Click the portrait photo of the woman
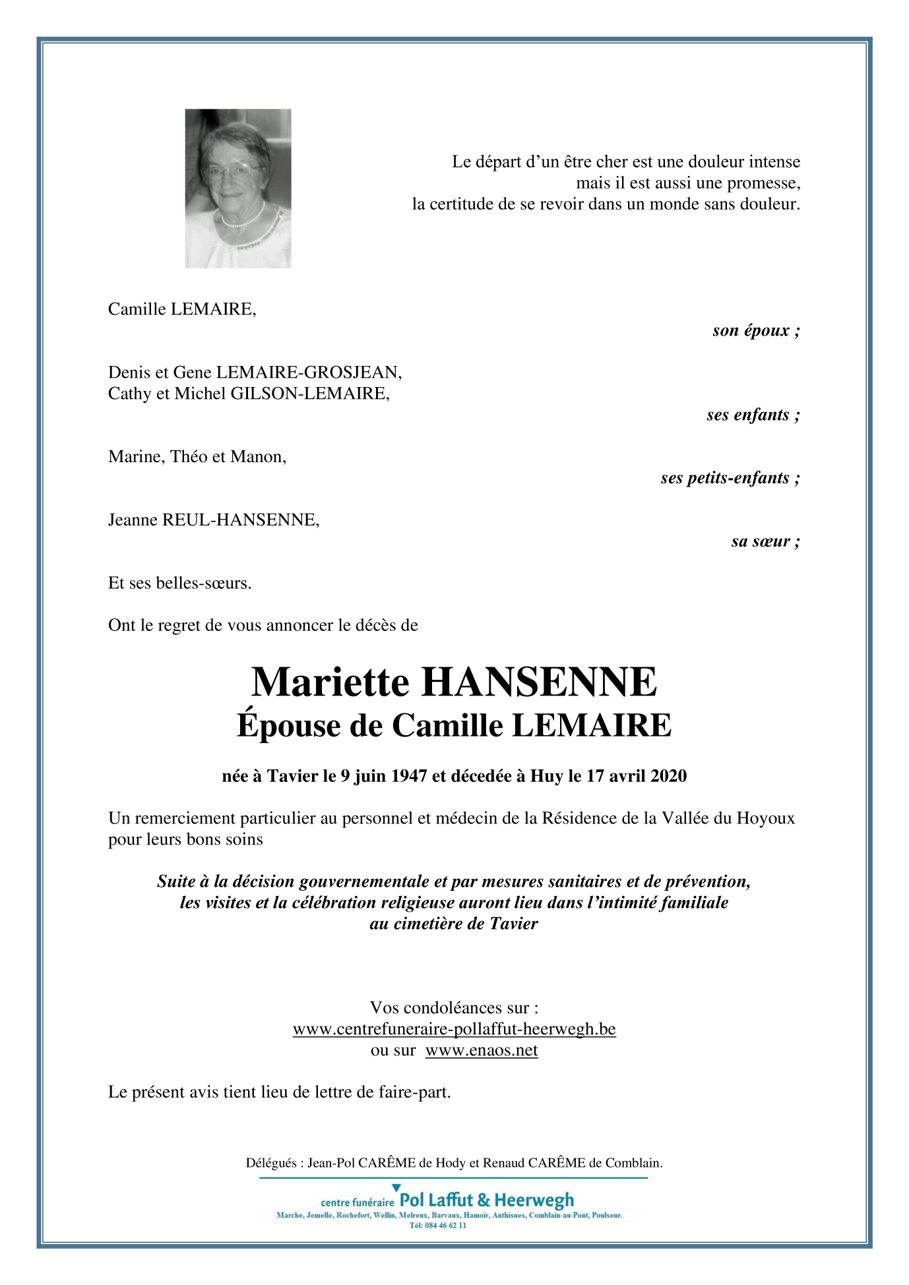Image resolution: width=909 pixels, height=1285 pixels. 237,188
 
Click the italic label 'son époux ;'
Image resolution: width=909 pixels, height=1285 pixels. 756,330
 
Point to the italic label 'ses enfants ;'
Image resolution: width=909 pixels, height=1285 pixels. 753,415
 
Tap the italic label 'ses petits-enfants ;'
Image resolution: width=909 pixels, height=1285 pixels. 730,478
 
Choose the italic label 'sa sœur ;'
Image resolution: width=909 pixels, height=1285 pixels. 765,541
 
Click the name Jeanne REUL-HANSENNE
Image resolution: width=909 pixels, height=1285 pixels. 214,520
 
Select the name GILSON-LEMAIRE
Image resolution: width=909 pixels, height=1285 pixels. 309,394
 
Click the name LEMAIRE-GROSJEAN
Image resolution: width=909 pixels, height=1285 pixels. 308,373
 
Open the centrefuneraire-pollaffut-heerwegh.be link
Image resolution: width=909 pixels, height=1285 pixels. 454,1029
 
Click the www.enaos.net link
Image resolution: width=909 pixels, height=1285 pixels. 482,1050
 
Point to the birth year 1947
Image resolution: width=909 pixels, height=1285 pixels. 409,776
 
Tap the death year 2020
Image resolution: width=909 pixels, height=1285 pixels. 668,776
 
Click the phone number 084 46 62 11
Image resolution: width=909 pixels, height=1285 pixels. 443,1225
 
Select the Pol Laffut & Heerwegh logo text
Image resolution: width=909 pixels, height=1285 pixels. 487,1200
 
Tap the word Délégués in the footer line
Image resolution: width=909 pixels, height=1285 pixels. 271,1163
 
